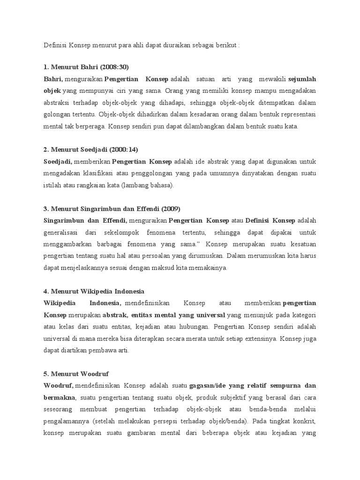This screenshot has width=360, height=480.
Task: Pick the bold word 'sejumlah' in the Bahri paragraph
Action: [302, 79]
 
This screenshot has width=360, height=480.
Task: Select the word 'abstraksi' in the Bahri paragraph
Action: [58, 103]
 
